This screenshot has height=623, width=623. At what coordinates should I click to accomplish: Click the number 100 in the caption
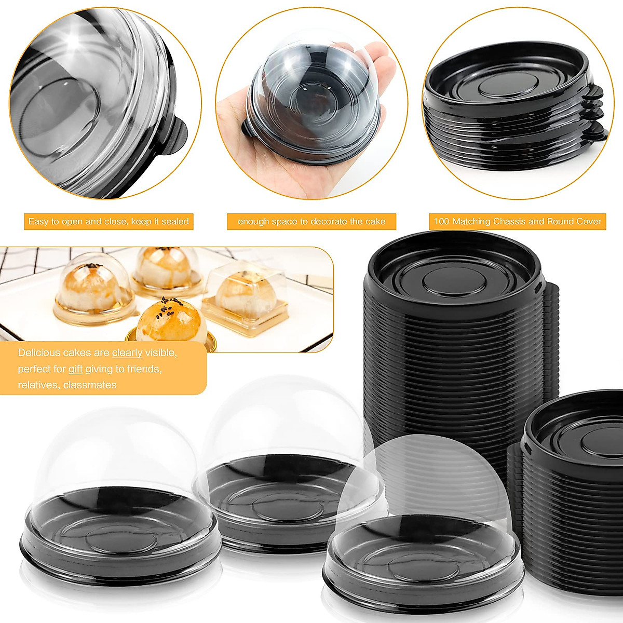441,222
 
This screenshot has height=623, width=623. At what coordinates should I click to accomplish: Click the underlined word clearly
127,353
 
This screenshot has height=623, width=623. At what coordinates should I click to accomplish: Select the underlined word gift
75,369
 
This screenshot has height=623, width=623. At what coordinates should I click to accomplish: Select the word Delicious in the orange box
39,353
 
